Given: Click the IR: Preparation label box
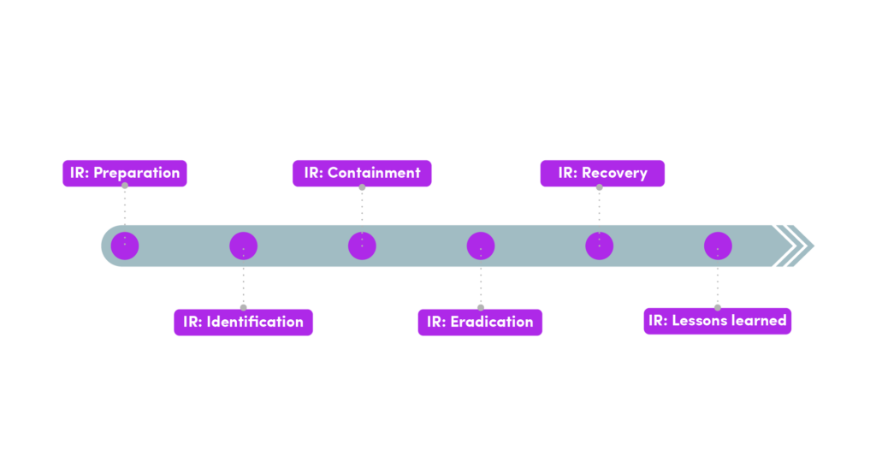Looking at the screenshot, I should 125,173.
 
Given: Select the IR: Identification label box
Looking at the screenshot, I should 244,322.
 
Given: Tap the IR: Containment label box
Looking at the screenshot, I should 362,173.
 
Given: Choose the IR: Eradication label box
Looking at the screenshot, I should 480,322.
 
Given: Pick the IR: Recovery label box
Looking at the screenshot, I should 602,173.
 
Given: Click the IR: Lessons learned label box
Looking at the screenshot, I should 717,321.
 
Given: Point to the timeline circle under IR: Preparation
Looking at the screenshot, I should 125,246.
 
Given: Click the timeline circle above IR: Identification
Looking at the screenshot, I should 244,246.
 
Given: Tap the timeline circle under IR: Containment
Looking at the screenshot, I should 362,246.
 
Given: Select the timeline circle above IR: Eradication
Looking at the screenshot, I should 481,246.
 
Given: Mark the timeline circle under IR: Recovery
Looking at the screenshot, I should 599,246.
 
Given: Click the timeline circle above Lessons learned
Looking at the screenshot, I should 718,246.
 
